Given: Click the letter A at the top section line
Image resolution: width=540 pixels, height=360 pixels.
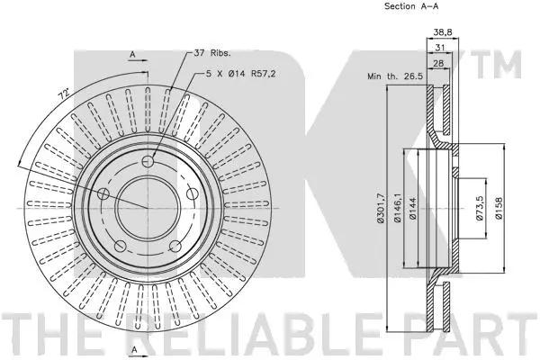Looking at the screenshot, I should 133,56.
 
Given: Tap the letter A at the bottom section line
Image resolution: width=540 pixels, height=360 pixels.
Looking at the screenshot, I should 133,348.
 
